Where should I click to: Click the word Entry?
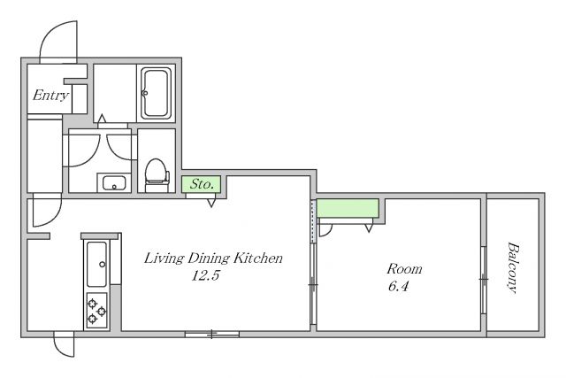point(50,96)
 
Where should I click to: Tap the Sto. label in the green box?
point(202,184)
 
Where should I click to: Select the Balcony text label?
point(513,267)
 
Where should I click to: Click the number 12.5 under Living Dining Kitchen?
point(205,276)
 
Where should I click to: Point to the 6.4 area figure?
point(399,287)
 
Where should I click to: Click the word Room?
point(404,269)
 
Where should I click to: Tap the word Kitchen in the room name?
point(257,258)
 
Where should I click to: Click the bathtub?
point(156,93)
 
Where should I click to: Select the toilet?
point(157,175)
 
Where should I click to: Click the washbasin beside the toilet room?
point(114,182)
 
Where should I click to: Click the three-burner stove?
point(96,311)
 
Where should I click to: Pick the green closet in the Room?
point(348,208)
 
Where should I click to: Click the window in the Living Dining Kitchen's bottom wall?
point(212,335)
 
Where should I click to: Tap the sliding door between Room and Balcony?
point(484,280)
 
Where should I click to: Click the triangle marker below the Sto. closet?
point(211,203)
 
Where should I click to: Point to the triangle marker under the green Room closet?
point(369,228)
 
